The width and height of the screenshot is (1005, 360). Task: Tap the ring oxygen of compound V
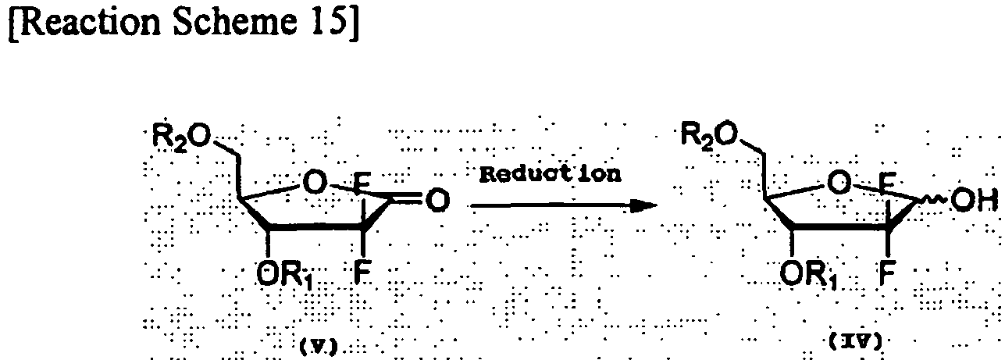point(313,184)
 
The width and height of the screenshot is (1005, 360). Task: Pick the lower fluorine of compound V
point(361,273)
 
